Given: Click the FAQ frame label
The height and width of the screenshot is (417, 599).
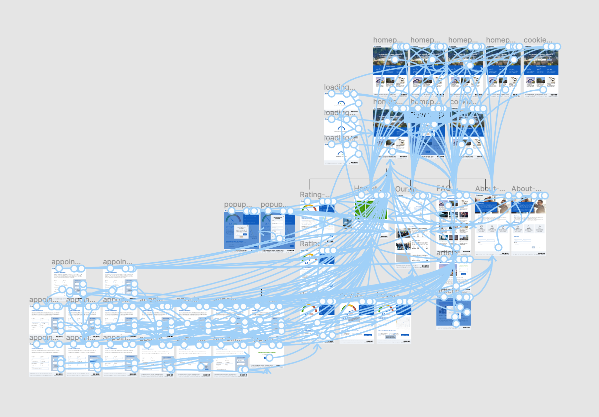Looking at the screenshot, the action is point(443,189).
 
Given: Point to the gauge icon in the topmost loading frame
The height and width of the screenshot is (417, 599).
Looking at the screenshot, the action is point(341,103).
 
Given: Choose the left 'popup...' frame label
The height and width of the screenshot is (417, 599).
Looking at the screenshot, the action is point(238,204).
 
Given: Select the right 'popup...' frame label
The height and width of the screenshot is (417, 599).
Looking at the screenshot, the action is point(274,204).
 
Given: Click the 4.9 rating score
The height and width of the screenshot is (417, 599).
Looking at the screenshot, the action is point(306,263).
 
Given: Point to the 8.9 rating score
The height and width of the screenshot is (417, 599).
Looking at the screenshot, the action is point(383,314).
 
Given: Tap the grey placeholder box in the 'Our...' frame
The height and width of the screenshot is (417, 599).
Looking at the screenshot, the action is point(403,258).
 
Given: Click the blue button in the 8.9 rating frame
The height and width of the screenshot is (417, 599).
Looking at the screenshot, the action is point(405,335).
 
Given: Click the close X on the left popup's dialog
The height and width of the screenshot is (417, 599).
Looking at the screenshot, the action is point(247,226).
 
